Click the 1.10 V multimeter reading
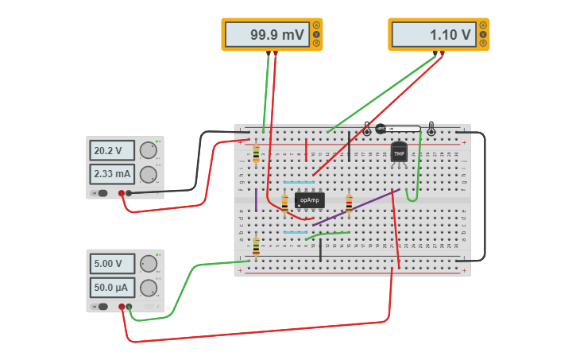(432, 35)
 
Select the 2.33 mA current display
(112, 174)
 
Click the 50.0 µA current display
(112, 287)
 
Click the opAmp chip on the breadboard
(310, 200)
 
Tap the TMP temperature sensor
(399, 152)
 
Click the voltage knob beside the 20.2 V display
(148, 150)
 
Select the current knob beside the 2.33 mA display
(148, 174)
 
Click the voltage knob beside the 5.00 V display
(148, 264)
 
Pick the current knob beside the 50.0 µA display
(148, 287)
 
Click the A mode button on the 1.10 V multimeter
(483, 25)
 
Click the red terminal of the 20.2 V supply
(122, 193)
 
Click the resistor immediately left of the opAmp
(284, 205)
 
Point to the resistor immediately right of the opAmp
(349, 204)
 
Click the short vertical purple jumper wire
(256, 199)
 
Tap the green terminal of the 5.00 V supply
(129, 307)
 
